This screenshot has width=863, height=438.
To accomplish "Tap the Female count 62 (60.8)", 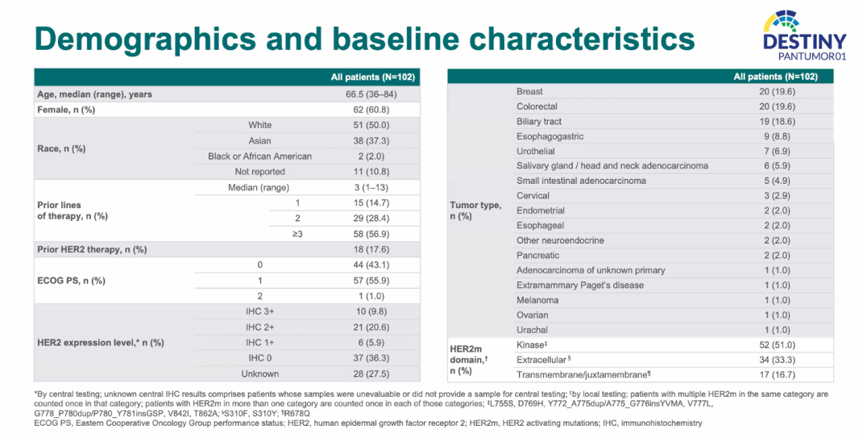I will click(x=373, y=110).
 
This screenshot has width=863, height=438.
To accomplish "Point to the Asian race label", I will click(x=259, y=140).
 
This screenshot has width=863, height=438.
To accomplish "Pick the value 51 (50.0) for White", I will click(x=373, y=125).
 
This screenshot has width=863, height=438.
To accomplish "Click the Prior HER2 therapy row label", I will click(x=92, y=249).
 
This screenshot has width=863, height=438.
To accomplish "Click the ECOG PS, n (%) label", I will click(x=73, y=281).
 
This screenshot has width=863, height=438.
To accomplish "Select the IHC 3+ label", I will click(x=259, y=311).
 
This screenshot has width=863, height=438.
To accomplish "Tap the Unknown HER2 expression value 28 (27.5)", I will click(x=373, y=373).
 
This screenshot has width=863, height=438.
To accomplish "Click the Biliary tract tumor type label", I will click(x=539, y=122).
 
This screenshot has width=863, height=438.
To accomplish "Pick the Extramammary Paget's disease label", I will click(x=580, y=285).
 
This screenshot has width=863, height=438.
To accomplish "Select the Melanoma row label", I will click(x=537, y=300).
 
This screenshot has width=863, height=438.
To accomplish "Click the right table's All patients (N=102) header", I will click(x=775, y=77).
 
